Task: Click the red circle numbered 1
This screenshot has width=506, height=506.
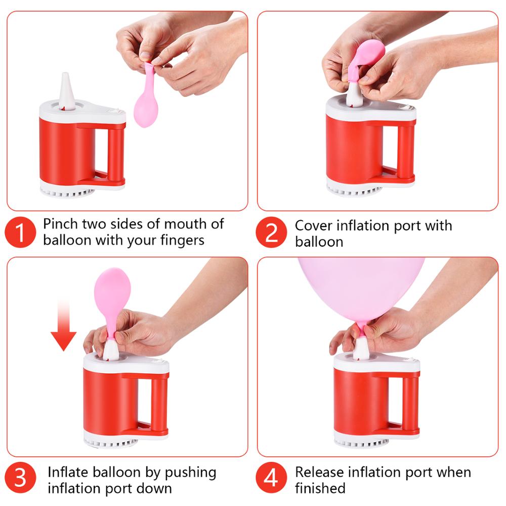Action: click(x=20, y=232)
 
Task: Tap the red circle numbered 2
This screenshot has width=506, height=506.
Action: click(x=271, y=232)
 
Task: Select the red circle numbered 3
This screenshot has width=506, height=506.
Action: click(x=20, y=478)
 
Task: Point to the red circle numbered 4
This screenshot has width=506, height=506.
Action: click(x=271, y=478)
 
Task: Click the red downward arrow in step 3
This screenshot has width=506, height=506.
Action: click(x=64, y=325)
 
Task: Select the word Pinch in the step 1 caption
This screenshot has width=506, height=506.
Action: click(x=61, y=224)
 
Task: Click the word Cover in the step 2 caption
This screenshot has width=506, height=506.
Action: click(x=313, y=226)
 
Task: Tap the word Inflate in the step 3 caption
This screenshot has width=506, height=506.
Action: click(x=67, y=472)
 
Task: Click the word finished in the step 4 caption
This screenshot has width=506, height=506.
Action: click(x=320, y=488)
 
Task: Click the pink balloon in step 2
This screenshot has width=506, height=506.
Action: click(x=366, y=61)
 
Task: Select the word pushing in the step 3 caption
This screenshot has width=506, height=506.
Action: click(x=190, y=473)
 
